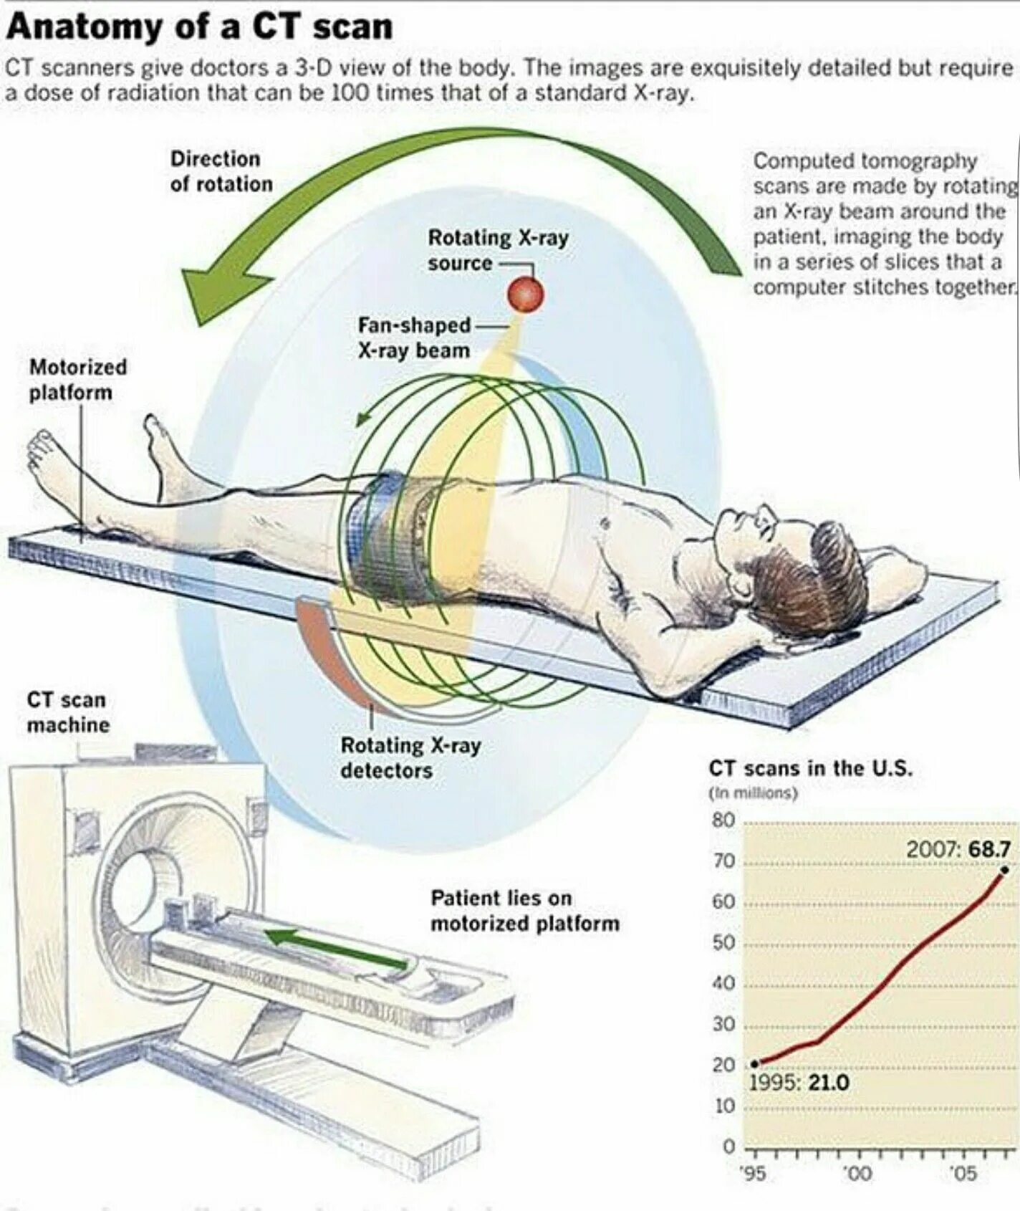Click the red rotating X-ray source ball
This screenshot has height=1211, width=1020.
[526, 294]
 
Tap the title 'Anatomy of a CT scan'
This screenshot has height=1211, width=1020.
[200, 27]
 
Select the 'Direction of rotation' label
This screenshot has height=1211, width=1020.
[221, 171]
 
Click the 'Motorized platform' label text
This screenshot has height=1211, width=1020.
[77, 380]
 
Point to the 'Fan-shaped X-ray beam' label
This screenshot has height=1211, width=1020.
[414, 338]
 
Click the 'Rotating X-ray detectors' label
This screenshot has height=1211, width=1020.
[410, 757]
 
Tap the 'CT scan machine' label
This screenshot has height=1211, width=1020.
[67, 712]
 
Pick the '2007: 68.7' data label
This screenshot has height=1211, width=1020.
[958, 849]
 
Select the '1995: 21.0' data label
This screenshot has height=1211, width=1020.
[799, 1081]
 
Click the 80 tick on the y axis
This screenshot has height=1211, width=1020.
[723, 820]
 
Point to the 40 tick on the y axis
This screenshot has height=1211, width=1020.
[723, 983]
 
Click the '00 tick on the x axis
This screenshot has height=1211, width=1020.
[857, 1173]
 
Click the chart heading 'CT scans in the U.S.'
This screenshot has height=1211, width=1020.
[810, 768]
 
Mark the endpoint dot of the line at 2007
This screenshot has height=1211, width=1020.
[1004, 870]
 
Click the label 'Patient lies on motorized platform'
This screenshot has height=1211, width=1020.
[524, 910]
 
